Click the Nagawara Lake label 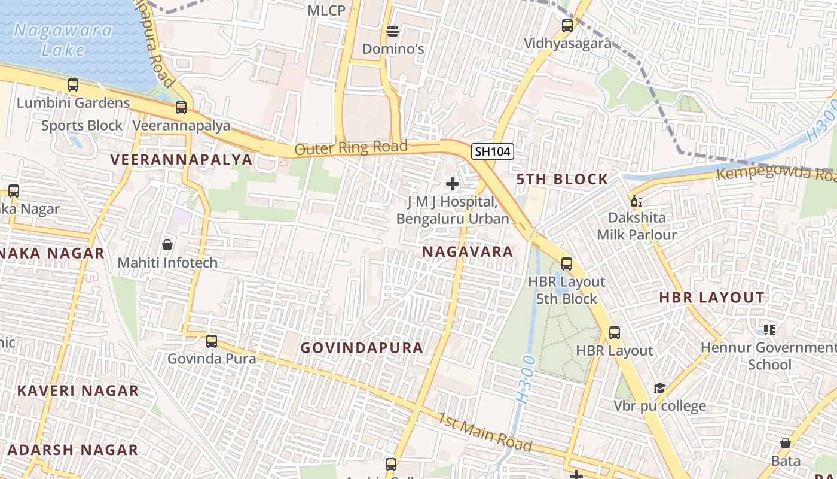[62, 40]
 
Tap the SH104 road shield [492, 152]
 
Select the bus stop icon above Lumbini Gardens [73, 85]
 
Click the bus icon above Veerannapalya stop [181, 108]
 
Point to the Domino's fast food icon [393, 31]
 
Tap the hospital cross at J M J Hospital [453, 184]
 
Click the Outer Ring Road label [351, 147]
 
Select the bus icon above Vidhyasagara [567, 26]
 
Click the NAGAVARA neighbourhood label [468, 251]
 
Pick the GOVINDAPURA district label [362, 348]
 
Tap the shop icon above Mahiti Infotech [167, 245]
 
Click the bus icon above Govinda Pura [211, 341]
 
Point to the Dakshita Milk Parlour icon [636, 201]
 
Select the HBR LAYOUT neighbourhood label [711, 298]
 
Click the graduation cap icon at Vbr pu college [659, 389]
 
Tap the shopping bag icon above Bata [786, 444]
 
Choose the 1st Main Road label [485, 432]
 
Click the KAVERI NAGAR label [78, 391]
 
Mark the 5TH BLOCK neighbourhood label [562, 179]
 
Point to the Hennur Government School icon [769, 329]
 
